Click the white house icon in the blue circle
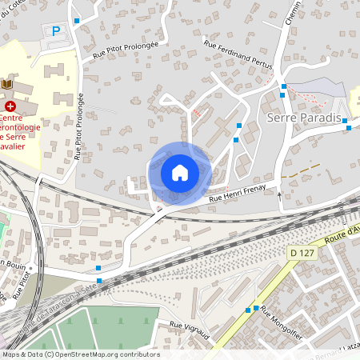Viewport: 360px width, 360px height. pyautogui.click(x=180, y=172)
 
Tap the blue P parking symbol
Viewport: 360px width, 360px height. pyautogui.click(x=55, y=31)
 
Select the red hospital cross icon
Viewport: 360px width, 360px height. pyautogui.click(x=10, y=105)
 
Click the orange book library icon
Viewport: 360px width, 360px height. pyautogui.click(x=7, y=84)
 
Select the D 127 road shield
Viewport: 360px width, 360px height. pyautogui.click(x=298, y=253)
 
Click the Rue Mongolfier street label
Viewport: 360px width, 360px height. pyautogui.click(x=281, y=323)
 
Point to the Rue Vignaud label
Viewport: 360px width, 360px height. pyautogui.click(x=190, y=330)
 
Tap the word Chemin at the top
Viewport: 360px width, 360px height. pyautogui.click(x=293, y=12)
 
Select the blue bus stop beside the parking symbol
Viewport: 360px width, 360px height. pyautogui.click(x=77, y=21)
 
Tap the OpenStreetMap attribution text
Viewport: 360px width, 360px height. pyautogui.click(x=80, y=354)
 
